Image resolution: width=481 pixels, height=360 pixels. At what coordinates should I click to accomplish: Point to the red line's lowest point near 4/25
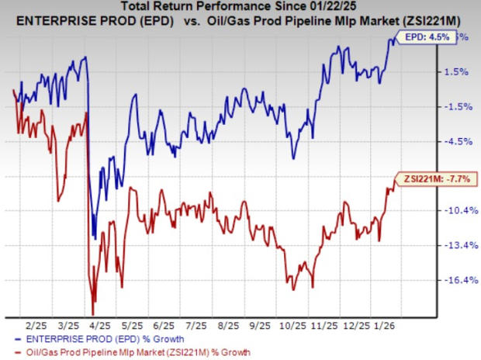click(x=93, y=313)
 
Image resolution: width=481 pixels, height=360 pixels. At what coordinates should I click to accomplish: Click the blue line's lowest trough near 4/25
click(x=94, y=237)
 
